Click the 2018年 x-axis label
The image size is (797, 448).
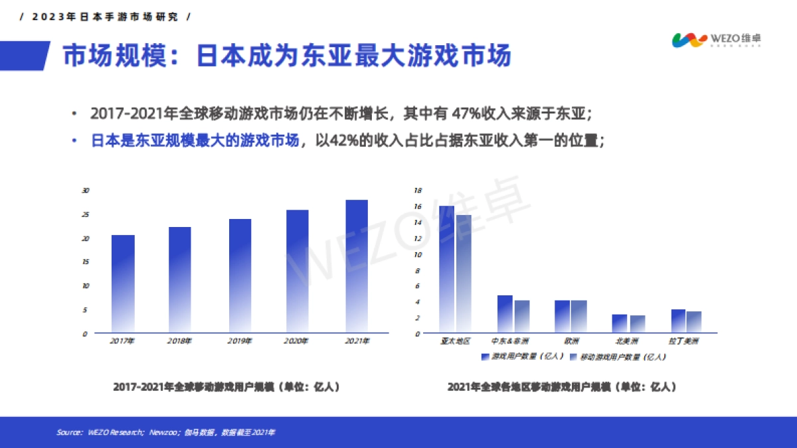tap(180, 341)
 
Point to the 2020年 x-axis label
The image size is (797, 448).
tap(296, 341)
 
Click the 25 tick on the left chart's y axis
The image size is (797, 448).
tap(84, 214)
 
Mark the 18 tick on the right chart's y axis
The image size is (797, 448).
tap(418, 190)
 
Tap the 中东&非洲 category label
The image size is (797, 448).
tap(510, 341)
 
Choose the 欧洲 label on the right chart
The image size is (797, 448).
tap(571, 341)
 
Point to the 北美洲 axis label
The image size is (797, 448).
tap(627, 341)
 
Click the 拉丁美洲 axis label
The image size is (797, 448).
tap(684, 341)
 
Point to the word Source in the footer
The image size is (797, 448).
tap(69, 433)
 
